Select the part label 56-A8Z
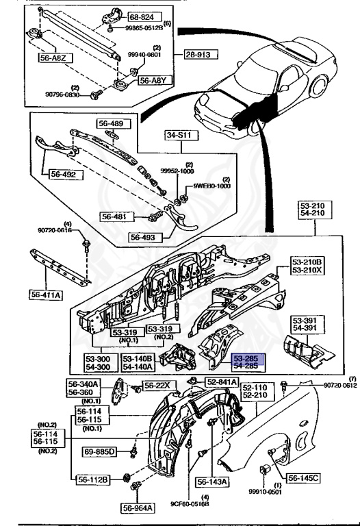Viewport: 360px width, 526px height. (53, 58)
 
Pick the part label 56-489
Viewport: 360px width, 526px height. (112, 123)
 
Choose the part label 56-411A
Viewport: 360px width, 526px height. (46, 295)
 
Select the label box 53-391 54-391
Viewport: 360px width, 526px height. (305, 324)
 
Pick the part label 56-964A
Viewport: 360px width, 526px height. (139, 508)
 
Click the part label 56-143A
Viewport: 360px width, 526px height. (213, 481)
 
